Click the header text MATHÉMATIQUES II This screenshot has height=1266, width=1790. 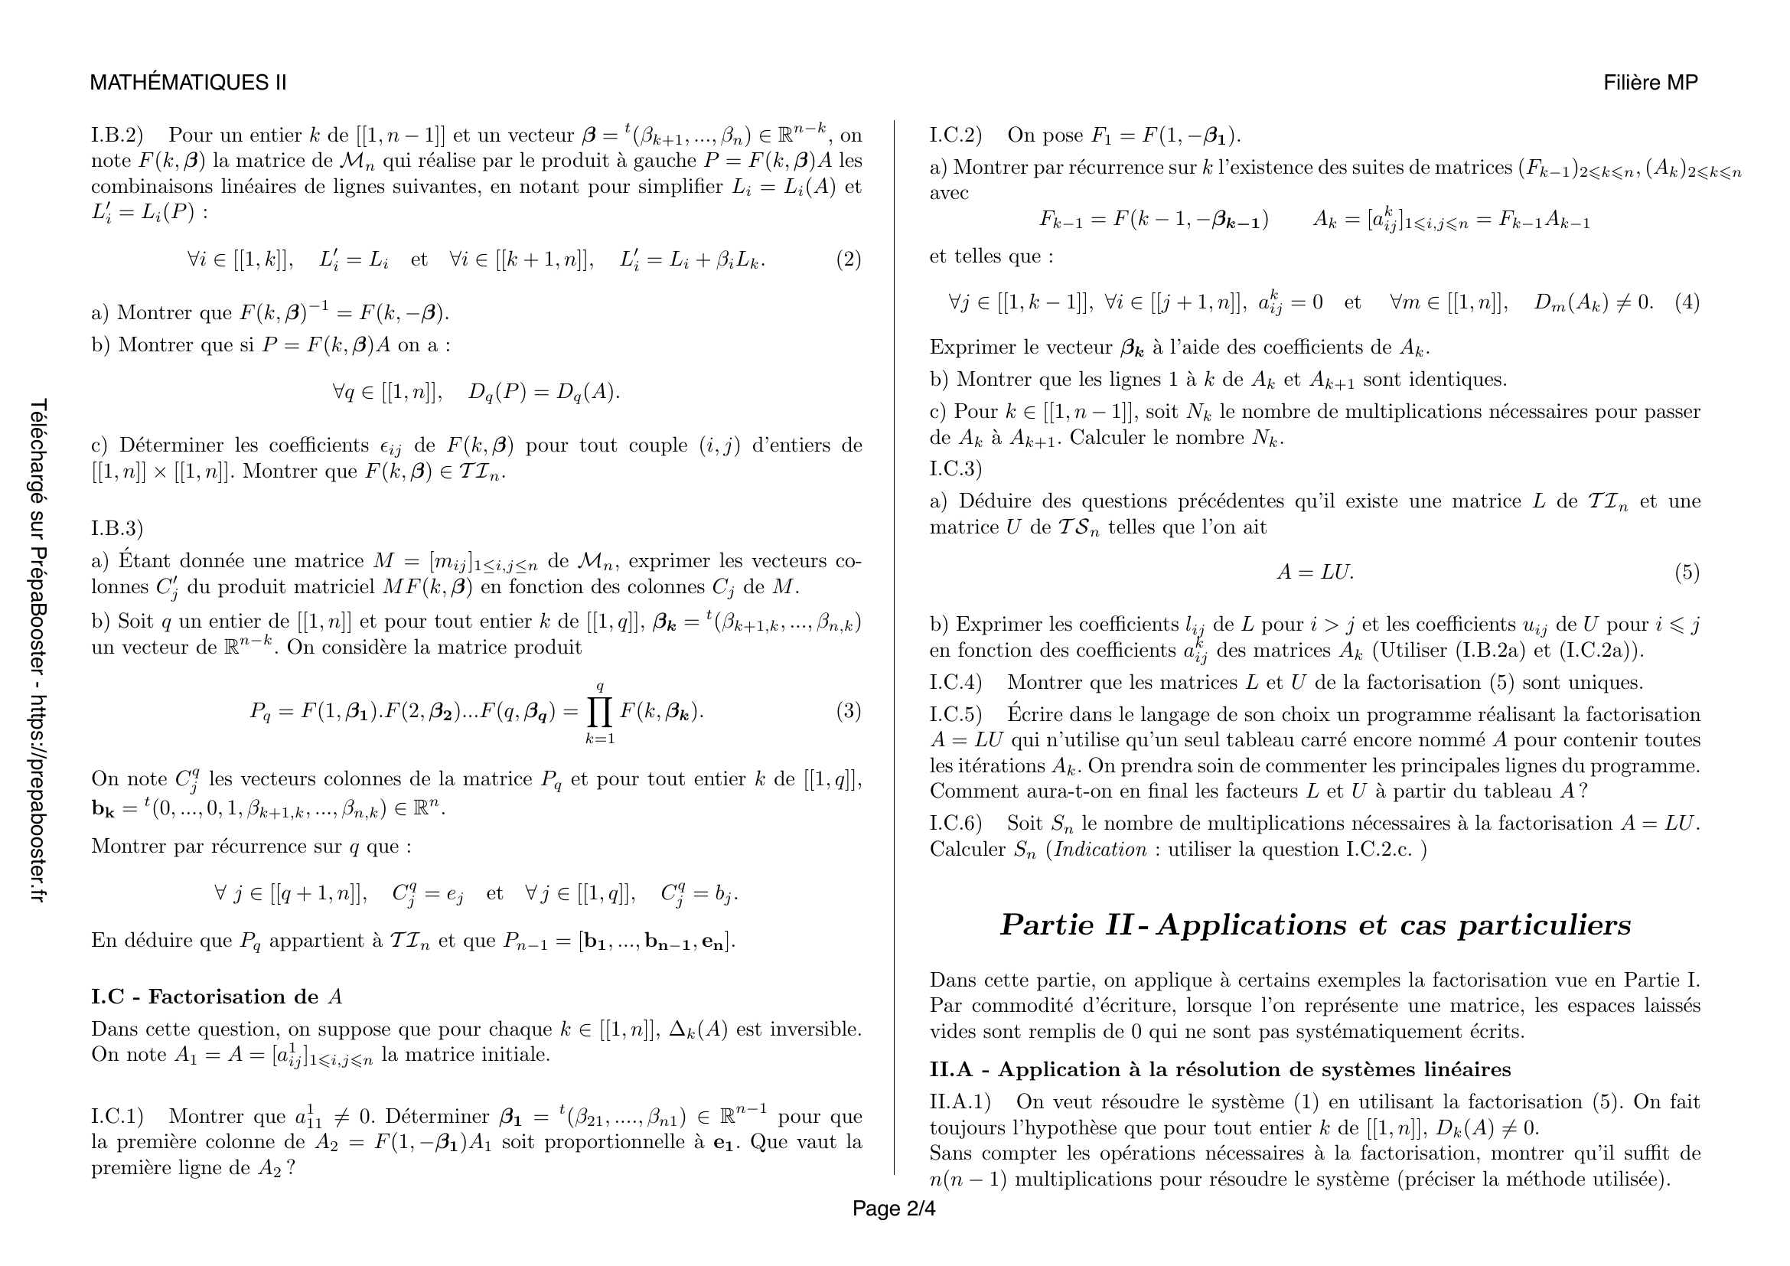[188, 83]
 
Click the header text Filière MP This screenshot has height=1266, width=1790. [1651, 83]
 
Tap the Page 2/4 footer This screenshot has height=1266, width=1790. [893, 1209]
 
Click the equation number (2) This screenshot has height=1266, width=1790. [848, 259]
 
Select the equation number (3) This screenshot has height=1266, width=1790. [848, 711]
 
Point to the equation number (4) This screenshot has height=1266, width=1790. [1687, 302]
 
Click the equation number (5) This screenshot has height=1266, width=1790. [1687, 573]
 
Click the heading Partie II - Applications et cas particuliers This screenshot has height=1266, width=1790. [1316, 925]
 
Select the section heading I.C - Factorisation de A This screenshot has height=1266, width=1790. [217, 997]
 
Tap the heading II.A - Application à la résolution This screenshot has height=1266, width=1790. [1219, 1069]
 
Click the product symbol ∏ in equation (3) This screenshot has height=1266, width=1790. [600, 711]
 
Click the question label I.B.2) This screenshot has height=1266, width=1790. [118, 135]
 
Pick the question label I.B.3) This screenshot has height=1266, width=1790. [118, 529]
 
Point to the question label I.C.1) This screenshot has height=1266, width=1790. [118, 1116]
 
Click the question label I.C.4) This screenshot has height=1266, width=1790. [956, 683]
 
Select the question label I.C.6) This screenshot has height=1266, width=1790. [956, 824]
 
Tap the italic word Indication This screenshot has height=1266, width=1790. [1100, 850]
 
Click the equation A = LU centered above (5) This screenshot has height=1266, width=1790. [1315, 573]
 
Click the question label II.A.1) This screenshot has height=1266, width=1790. [960, 1102]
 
